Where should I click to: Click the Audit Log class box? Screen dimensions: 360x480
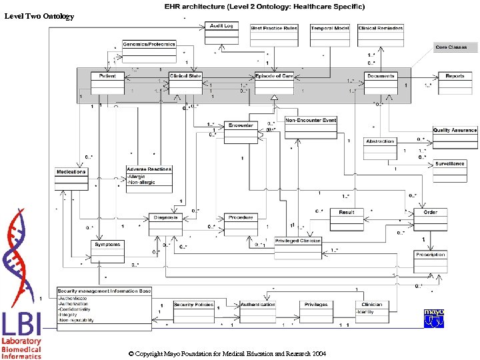coord(221,33)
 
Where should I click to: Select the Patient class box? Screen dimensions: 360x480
coord(107,82)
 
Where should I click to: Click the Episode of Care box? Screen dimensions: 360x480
coord(274,82)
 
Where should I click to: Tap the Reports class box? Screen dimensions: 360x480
coord(455,82)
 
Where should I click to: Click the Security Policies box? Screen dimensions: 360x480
coord(193,310)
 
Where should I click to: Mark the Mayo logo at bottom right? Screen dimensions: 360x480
coord(434,317)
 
